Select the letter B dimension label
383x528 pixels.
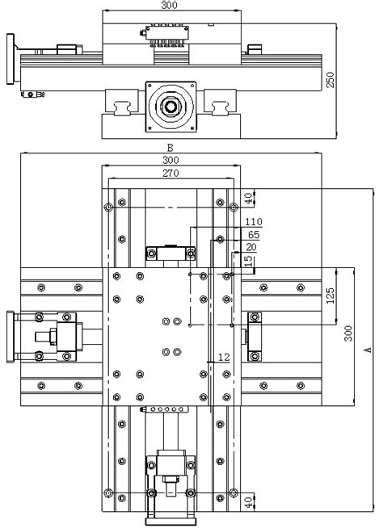click(x=170, y=148)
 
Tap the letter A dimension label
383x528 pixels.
click(x=367, y=350)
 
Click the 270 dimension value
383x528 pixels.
click(x=170, y=173)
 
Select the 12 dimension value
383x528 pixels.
click(x=224, y=356)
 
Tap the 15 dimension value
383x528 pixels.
click(x=249, y=261)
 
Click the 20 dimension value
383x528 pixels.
click(x=250, y=247)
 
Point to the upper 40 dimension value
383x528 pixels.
click(x=247, y=198)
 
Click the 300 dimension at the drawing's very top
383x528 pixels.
click(x=170, y=5)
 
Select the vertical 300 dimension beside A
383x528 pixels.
click(x=348, y=334)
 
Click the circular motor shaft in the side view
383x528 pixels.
click(x=170, y=106)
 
